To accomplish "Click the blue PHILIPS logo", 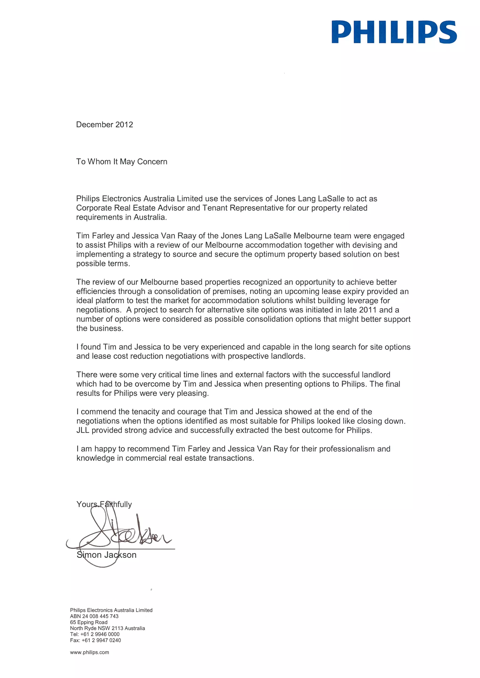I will pos(394,32).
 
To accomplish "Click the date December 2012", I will pos(104,125).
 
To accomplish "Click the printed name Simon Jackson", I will pos(106,555).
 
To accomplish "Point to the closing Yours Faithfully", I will pos(104,504).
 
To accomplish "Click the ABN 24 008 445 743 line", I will pos(94,616).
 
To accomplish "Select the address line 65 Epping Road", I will pos(89,622).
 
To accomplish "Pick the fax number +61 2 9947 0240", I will pos(101,640).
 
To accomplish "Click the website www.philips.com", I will pos(89,652).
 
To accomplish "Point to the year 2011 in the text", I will pos(368,310).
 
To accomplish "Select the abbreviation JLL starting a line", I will pos(83,430).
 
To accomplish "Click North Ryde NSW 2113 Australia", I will pos(107,628).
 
